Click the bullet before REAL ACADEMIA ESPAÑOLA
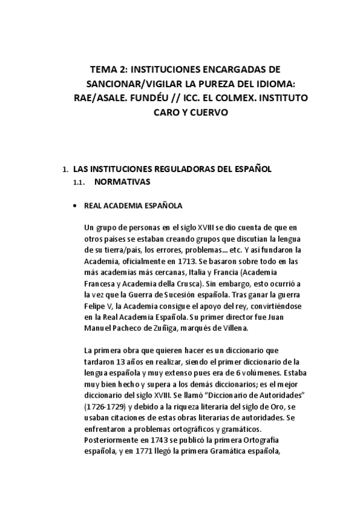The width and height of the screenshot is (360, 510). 75,206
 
